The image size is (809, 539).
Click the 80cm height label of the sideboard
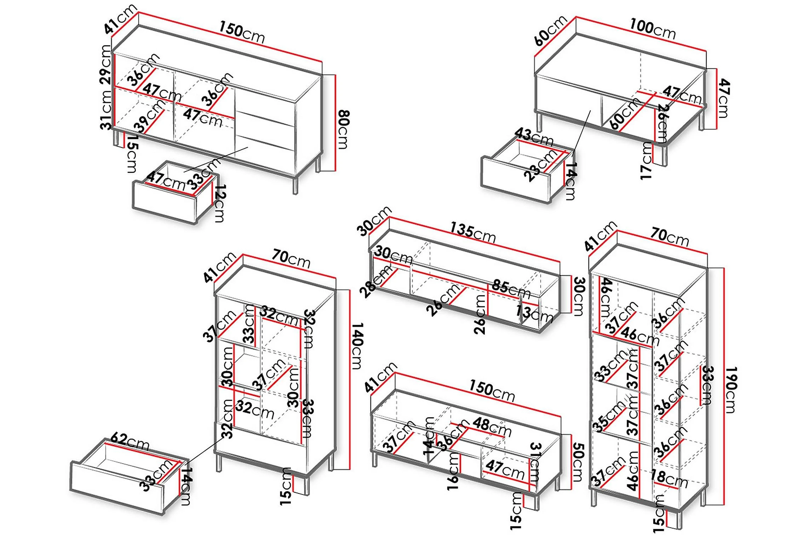(x=344, y=129)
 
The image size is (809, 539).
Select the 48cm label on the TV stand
(x=492, y=427)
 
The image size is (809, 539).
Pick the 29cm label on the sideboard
(x=106, y=64)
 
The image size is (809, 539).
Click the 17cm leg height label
(x=647, y=161)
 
